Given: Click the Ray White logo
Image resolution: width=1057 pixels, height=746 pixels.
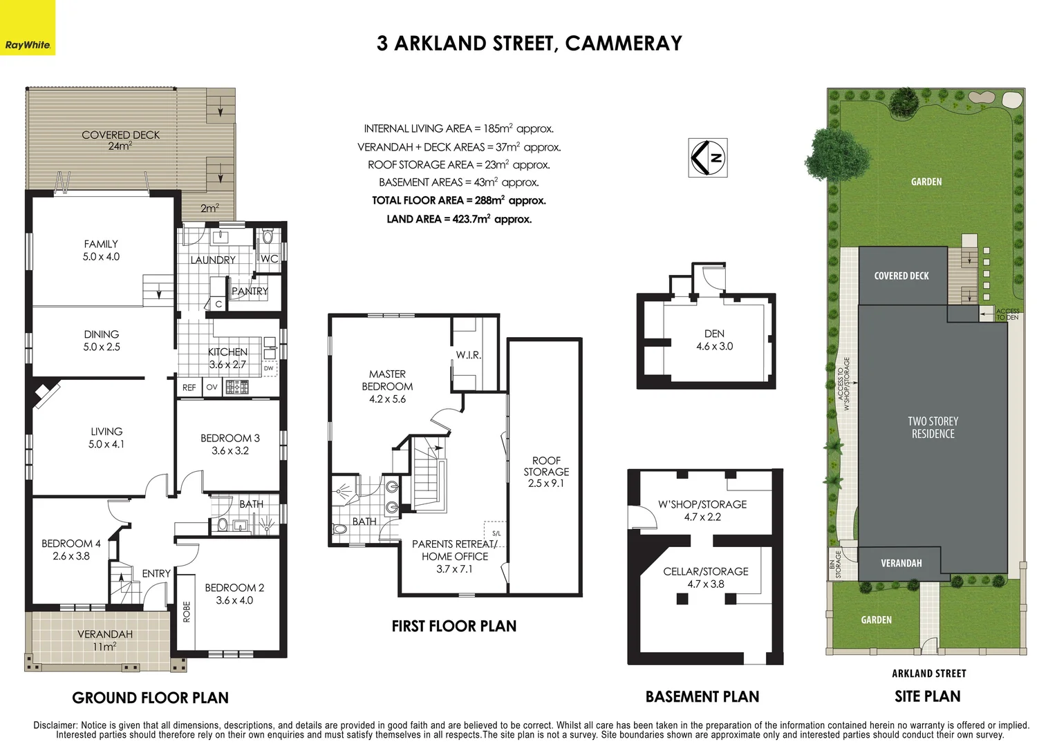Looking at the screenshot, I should [28, 28].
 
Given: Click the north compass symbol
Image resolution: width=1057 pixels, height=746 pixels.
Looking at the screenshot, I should [709, 158].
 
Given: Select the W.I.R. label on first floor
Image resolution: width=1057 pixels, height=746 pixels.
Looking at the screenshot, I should [468, 355].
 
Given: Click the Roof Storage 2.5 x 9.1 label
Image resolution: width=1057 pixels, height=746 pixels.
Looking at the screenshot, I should [546, 472].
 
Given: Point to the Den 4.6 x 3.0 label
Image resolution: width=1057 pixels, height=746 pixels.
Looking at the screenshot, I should [714, 340].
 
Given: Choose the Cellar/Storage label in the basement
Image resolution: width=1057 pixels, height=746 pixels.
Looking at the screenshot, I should [705, 577].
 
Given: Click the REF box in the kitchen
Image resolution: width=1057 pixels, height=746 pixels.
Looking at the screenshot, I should [189, 388].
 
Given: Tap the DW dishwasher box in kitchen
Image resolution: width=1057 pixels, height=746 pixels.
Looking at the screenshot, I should [269, 369].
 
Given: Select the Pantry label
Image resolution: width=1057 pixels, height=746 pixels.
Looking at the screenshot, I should [250, 291].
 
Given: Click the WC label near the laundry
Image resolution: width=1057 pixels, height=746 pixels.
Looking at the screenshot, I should [269, 259].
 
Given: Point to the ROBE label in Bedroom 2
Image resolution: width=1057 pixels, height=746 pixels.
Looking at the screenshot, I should [187, 611].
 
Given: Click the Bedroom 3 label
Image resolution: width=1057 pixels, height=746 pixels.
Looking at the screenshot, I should [230, 444].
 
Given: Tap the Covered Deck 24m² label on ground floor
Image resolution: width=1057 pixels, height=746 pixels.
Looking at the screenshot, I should [120, 140].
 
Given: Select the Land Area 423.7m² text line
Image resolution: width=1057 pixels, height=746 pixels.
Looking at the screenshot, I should [458, 219].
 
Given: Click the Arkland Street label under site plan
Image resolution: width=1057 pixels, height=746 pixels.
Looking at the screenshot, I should [928, 673].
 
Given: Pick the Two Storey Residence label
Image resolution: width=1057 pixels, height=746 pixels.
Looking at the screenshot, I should [933, 428].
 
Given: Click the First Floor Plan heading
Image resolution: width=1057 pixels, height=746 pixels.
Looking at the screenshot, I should [453, 627].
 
